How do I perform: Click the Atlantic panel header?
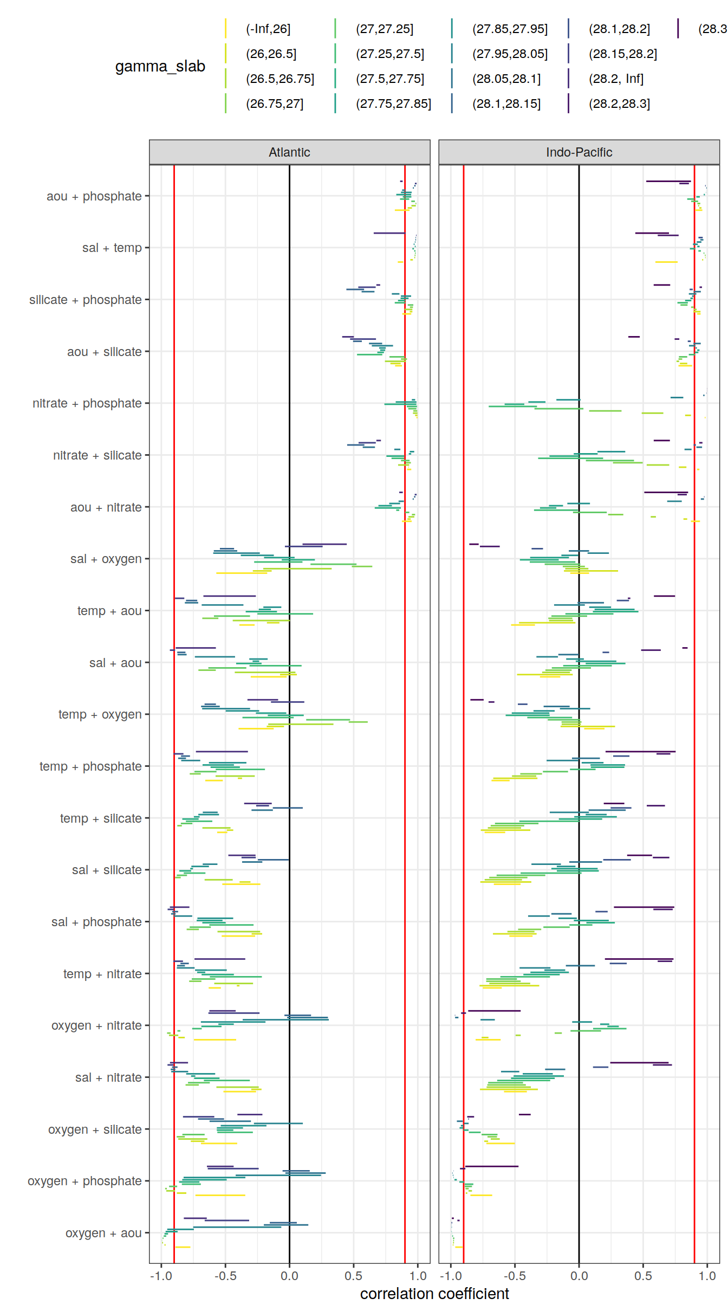289,152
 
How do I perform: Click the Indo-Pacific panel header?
578,152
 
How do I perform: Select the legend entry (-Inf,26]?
268,29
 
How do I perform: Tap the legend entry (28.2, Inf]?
616,79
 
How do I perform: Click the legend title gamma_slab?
160,66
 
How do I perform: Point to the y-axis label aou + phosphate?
94,196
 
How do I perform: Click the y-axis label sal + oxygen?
106,559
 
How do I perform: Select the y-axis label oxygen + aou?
103,1233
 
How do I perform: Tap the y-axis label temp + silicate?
101,818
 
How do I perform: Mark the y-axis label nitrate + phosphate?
87,403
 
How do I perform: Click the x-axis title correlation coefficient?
434,1294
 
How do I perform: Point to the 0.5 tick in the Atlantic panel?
353,1276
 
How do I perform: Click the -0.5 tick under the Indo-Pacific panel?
515,1276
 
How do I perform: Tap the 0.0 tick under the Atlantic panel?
289,1276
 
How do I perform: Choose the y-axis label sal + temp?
112,248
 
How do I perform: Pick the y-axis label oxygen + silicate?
95,1129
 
